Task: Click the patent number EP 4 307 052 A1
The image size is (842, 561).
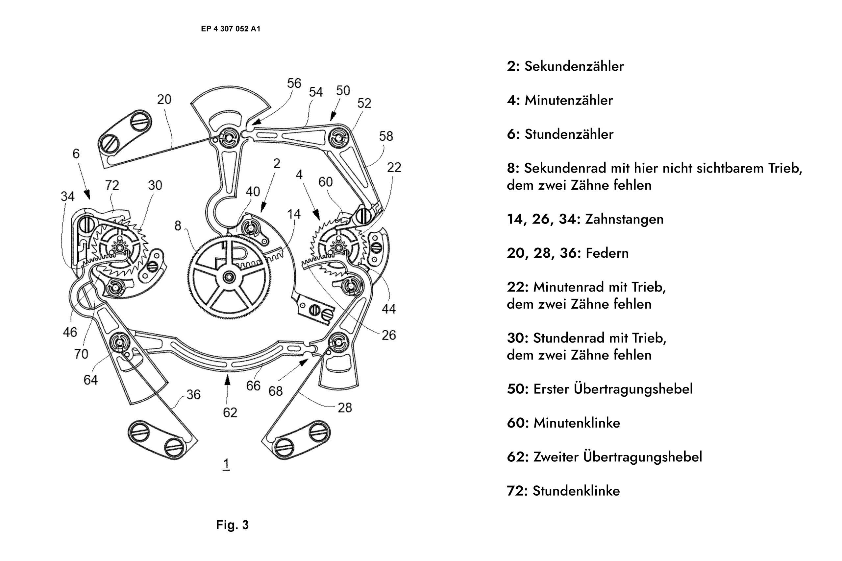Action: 231,29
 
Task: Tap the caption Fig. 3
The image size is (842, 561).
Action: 232,525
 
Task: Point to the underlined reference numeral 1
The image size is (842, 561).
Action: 226,464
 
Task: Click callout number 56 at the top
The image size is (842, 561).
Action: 294,83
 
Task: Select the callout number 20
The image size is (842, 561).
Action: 164,100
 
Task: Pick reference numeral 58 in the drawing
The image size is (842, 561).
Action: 386,136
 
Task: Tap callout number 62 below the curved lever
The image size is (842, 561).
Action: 230,412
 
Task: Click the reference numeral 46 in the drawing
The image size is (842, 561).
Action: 70,332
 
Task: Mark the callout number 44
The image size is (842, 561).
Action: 389,309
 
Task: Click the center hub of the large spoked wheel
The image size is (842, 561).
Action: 228,277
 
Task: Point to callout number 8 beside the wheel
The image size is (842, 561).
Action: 178,226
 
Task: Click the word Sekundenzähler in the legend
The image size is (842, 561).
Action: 574,66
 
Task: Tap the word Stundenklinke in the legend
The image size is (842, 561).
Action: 576,491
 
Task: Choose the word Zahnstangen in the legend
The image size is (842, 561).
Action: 624,219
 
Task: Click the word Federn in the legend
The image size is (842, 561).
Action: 607,253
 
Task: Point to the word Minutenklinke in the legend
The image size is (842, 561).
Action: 576,423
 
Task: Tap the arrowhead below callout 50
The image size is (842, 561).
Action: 333,117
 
